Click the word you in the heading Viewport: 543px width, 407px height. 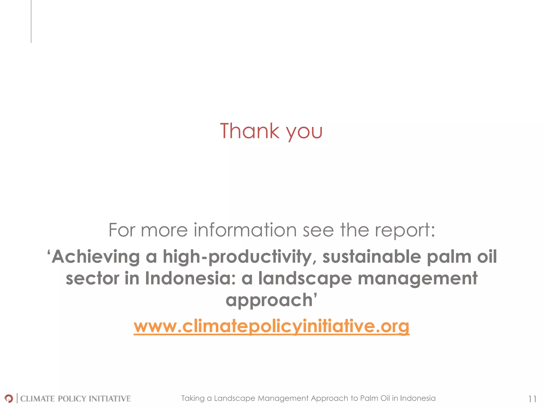[304, 132]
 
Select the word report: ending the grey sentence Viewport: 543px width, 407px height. [405, 231]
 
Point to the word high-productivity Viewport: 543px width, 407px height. [238, 257]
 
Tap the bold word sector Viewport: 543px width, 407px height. [93, 278]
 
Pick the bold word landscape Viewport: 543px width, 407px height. [305, 279]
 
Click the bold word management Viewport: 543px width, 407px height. [417, 279]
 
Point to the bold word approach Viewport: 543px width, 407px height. [269, 300]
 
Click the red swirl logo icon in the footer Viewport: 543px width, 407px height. [9, 398]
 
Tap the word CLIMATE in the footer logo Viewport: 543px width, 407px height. [37, 399]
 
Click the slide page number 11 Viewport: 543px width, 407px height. [532, 399]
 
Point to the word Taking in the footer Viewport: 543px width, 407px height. [193, 398]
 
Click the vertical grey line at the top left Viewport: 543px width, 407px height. [31, 21]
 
